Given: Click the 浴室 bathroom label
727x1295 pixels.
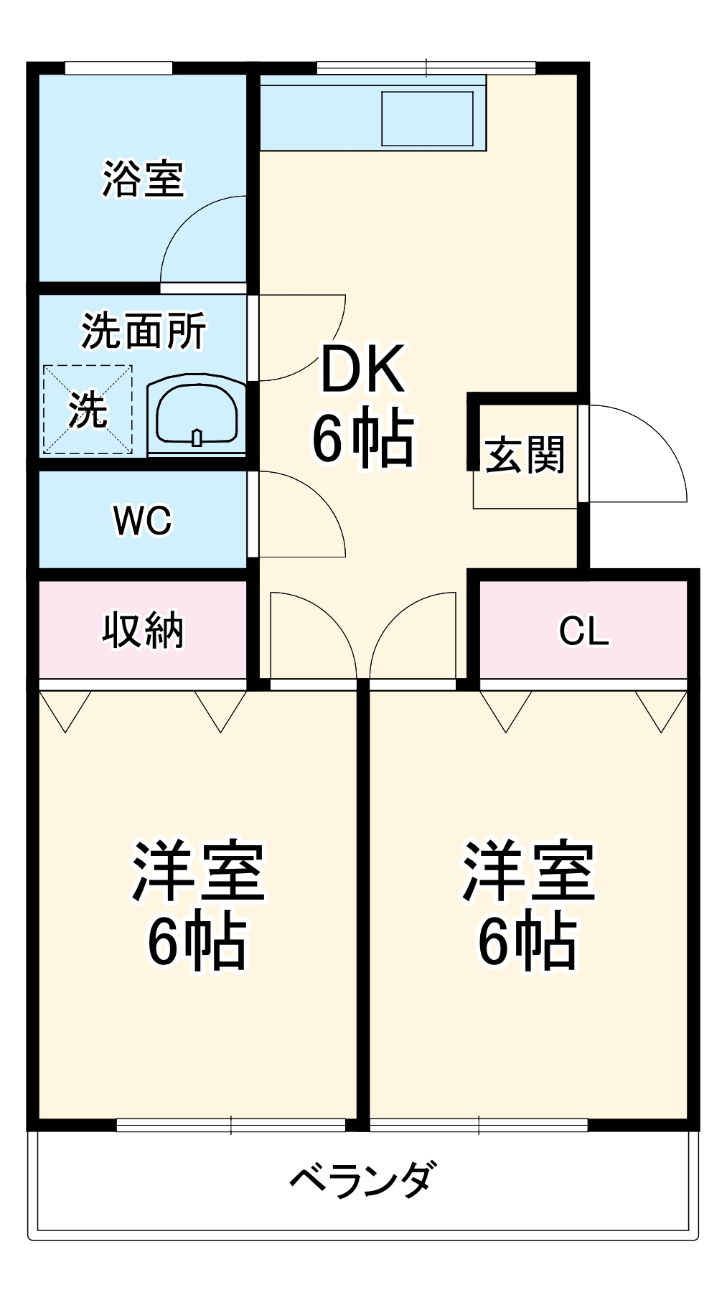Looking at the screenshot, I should coord(143,179).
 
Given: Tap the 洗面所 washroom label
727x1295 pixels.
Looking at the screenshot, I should coord(144,331).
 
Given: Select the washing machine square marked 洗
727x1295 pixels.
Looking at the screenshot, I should coord(88,410).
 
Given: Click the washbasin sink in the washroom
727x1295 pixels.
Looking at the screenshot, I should coord(197,415).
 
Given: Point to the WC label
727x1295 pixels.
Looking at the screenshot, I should coord(142,520).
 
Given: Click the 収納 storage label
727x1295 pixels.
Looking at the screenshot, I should coord(143,631).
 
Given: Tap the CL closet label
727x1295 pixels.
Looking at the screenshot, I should coord(583,631).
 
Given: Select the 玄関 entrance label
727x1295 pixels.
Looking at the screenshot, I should coord(525,455).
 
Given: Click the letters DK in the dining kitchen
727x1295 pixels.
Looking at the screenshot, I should coord(363,369).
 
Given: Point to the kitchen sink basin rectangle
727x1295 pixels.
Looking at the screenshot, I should coord(427,118).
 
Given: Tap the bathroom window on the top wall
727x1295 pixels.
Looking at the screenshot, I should coord(118,68).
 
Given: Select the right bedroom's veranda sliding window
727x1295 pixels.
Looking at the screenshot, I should coord(479,1125).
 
